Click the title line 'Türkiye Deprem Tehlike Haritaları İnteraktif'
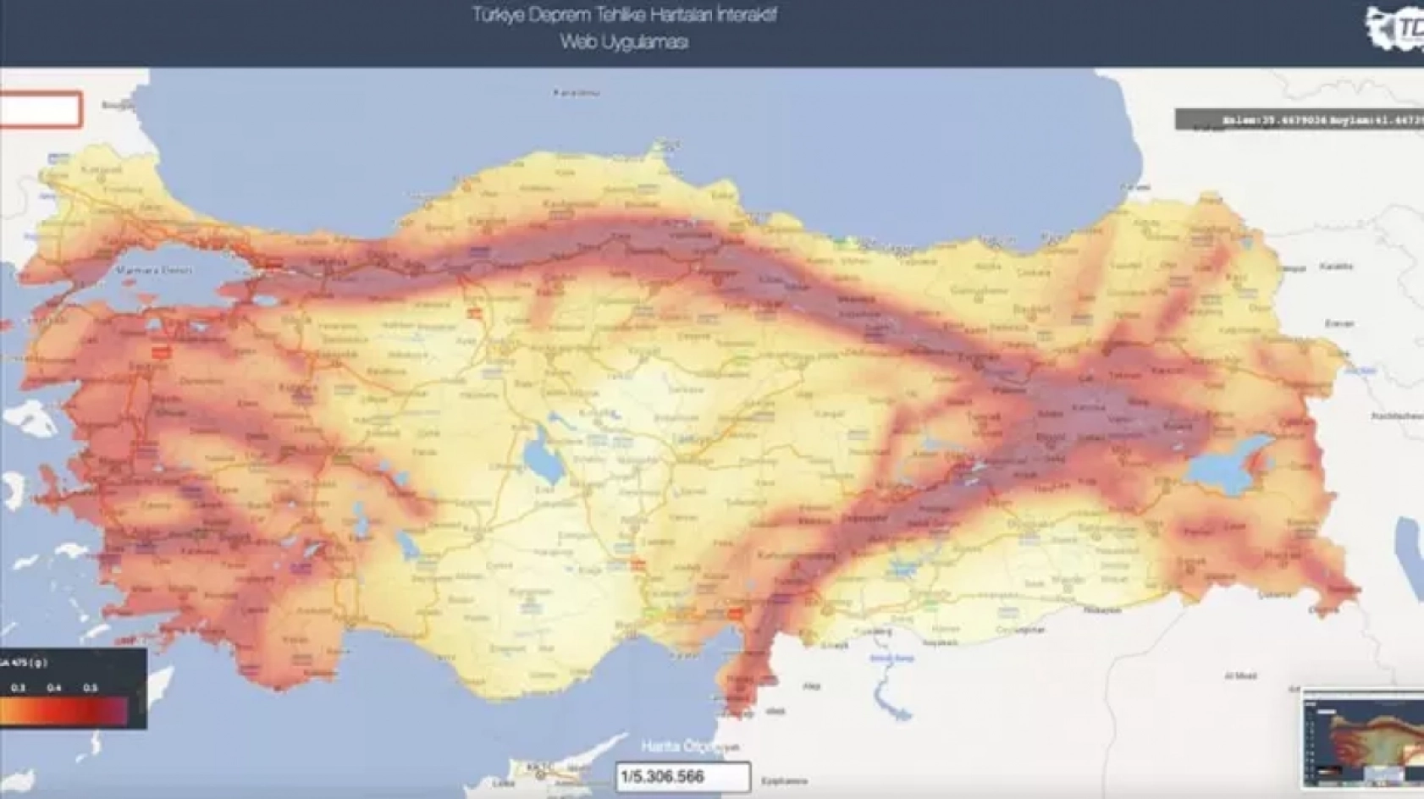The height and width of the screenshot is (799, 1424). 624,15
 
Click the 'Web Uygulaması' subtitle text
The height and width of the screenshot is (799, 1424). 624,42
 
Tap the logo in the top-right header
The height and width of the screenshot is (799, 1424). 1395,30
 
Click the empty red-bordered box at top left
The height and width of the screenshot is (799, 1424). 40,110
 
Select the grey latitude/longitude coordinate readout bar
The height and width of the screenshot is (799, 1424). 1300,120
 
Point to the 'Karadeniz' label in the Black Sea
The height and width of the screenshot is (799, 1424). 577,92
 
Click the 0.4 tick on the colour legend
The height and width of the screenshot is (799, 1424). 54,688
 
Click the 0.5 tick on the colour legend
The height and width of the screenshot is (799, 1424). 91,688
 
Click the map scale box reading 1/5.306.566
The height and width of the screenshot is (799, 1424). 682,776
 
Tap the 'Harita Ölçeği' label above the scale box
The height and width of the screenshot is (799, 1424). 689,747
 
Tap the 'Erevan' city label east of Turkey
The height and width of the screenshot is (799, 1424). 1338,323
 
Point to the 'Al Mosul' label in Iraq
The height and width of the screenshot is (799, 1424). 1240,675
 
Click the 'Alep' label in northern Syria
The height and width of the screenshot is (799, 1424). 812,686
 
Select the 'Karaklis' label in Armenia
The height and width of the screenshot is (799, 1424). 1336,267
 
